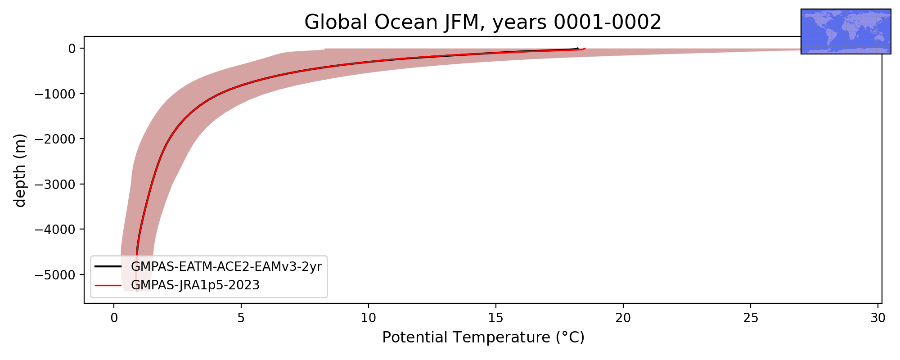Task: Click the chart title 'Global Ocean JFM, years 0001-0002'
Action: coord(483,22)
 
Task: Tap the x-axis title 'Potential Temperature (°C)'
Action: coord(483,337)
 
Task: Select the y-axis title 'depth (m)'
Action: coord(20,170)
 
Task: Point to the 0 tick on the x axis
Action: coord(114,318)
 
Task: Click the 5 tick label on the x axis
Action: coord(241,318)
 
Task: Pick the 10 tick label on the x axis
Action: coord(369,318)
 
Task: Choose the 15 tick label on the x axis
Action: coord(496,318)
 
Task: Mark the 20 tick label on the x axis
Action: coord(623,318)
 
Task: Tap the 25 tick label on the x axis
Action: coord(751,318)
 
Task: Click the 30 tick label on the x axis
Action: coord(878,318)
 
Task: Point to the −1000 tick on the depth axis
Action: coord(55,94)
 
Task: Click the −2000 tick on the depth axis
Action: coord(55,139)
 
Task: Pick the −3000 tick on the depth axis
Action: coord(55,184)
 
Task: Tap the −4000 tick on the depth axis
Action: coord(55,229)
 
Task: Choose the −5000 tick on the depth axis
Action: coord(55,274)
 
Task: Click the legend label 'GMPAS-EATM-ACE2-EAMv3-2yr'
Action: coord(226,267)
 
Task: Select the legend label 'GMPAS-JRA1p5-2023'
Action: coord(195,285)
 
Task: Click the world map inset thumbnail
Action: coord(846,31)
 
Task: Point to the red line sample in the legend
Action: coord(108,285)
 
